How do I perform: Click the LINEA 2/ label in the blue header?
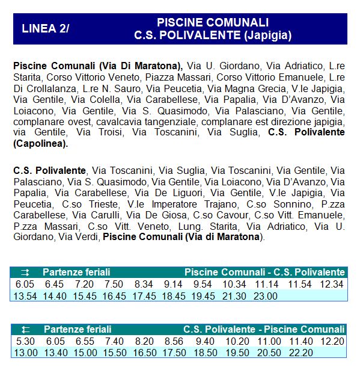[45, 28]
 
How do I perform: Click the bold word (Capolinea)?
[41, 143]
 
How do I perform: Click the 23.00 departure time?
[265, 295]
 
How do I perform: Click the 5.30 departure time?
[24, 341]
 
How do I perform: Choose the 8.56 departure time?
[174, 341]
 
